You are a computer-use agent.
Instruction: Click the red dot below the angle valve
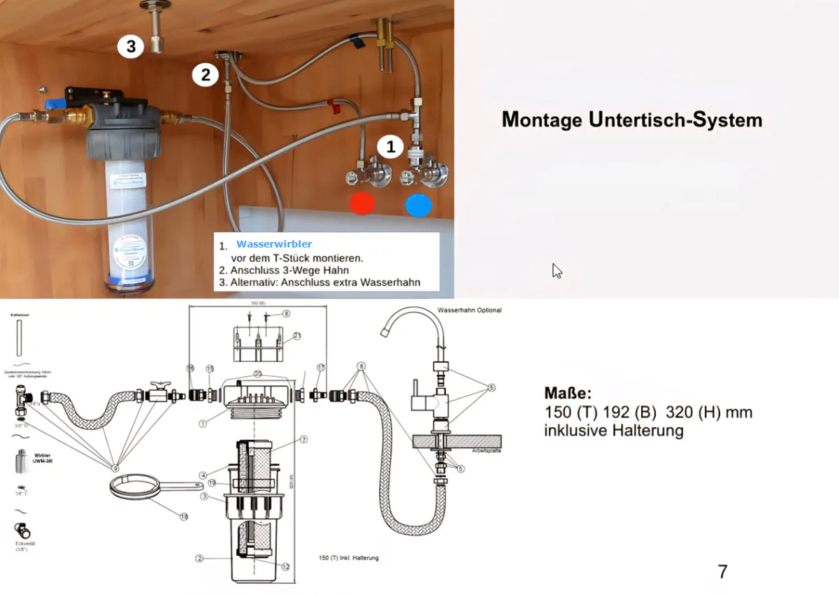tap(362, 203)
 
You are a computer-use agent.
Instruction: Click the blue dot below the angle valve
tap(419, 204)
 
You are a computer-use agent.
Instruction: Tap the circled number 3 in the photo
tap(131, 46)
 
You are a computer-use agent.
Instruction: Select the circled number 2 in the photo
tap(205, 74)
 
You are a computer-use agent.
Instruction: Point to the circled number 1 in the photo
tap(391, 147)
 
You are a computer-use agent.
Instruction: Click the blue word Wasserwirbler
tap(274, 244)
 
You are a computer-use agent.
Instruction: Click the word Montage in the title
tap(542, 120)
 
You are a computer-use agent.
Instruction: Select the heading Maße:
tap(568, 393)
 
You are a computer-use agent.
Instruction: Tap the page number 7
tap(722, 571)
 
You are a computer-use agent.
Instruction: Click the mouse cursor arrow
tap(557, 271)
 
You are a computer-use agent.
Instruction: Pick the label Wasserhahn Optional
tap(469, 310)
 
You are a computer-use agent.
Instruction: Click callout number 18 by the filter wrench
tap(184, 517)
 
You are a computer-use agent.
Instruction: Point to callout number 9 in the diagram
tap(115, 466)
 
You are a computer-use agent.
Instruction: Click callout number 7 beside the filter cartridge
tap(304, 439)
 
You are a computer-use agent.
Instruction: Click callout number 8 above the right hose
tap(361, 366)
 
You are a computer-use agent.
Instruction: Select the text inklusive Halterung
tap(613, 431)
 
